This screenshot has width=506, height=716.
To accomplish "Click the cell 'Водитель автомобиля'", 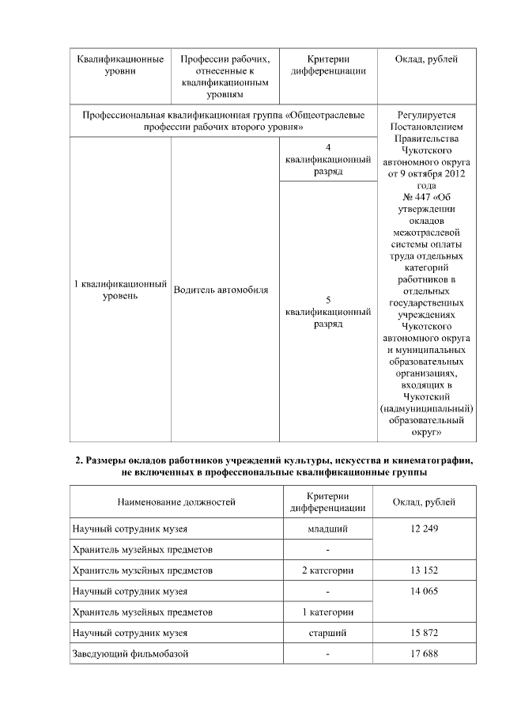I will (221, 290).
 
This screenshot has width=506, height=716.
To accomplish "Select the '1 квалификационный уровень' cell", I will (119, 290).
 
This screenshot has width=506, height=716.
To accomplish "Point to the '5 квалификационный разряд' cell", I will (328, 312).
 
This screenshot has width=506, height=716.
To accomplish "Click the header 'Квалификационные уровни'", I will (119, 66).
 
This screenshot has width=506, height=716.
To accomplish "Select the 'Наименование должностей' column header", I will (176, 502).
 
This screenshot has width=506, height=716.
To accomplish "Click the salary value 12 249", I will (424, 528).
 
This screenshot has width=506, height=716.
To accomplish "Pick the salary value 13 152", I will (424, 570).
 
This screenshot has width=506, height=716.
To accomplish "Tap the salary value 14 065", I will (424, 591).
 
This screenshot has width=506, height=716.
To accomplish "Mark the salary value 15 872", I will (424, 633).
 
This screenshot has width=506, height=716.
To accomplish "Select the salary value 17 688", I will (424, 653).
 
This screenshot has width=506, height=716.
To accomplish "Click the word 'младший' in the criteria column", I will (327, 528).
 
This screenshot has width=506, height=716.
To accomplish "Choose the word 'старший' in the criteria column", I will (327, 633).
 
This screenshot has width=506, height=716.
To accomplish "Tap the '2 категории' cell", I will (327, 570).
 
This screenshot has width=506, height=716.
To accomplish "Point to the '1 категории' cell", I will (327, 612).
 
